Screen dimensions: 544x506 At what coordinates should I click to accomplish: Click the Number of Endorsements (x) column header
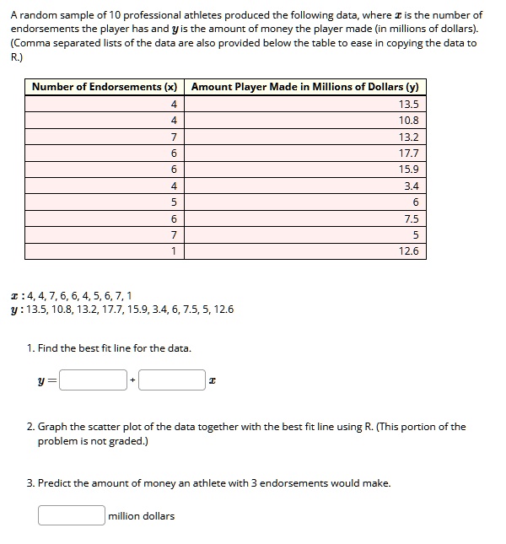(x=105, y=87)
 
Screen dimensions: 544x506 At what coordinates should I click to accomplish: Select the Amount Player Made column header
(x=305, y=87)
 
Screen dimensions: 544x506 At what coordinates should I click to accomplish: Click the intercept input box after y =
(x=94, y=380)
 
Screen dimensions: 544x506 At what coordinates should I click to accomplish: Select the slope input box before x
(x=171, y=380)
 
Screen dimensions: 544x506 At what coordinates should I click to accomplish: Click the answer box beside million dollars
(x=71, y=514)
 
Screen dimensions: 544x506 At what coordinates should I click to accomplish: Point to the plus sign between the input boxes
(x=132, y=381)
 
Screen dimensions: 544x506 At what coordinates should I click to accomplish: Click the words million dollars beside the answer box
(x=142, y=515)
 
